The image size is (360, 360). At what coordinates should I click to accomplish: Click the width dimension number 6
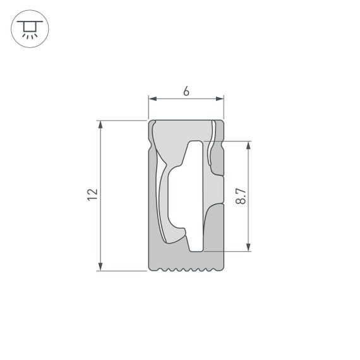click(x=186, y=91)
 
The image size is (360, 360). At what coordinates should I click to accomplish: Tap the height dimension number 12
click(x=92, y=195)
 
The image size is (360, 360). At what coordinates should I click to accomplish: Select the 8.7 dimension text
click(x=241, y=196)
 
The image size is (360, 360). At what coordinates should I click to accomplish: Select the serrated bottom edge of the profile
click(x=186, y=270)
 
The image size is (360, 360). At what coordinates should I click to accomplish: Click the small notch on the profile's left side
click(x=150, y=149)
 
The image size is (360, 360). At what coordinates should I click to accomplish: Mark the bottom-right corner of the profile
click(x=224, y=270)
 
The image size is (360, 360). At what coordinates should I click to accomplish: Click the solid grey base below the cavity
click(x=186, y=259)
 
